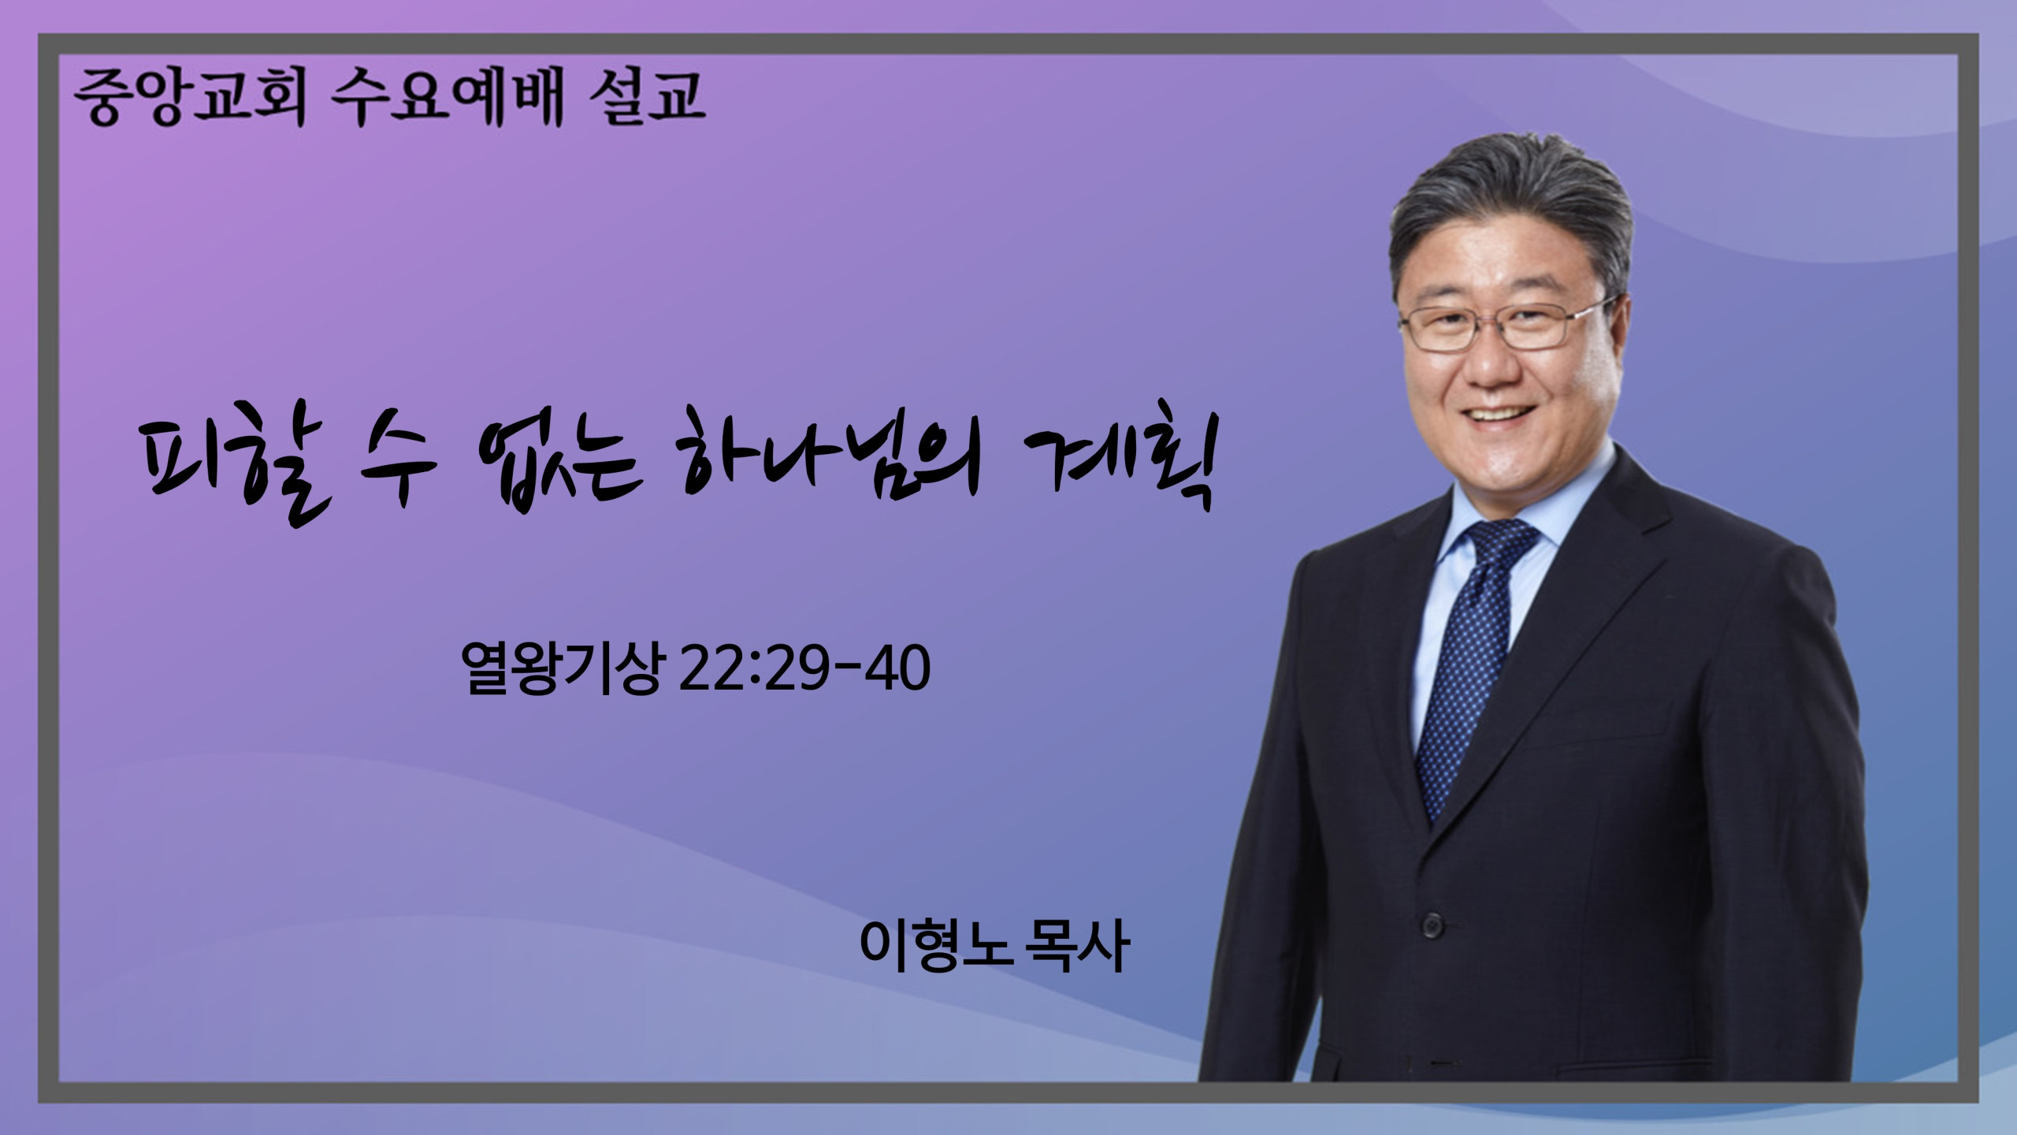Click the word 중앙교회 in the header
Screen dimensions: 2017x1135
190,99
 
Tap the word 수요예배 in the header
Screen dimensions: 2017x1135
447,99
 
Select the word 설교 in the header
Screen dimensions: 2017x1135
646,97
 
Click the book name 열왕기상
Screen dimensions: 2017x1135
562,669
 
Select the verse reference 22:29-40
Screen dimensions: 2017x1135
804,669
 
